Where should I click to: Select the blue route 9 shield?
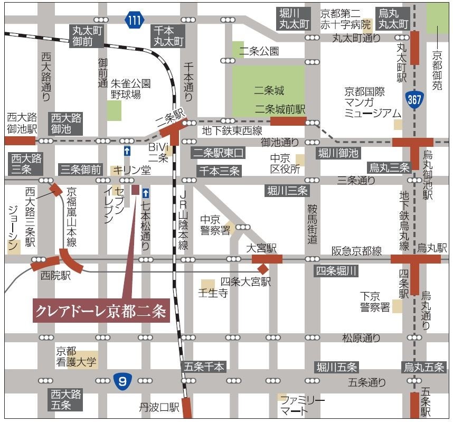(122, 380)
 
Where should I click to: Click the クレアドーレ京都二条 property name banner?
(100, 311)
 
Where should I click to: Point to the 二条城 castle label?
(269, 90)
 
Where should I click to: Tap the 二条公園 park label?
(259, 51)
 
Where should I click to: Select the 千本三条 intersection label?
(219, 171)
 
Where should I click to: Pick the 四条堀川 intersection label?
(336, 271)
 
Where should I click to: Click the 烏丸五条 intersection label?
(424, 367)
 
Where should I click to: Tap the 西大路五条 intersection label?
(67, 399)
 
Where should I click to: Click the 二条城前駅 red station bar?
(288, 121)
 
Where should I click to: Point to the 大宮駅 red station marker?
(267, 259)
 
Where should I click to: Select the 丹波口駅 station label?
(159, 407)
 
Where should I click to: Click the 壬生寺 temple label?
(212, 294)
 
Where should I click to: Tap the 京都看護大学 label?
(77, 357)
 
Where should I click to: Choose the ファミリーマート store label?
(302, 405)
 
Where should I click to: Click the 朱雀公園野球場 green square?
(114, 110)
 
